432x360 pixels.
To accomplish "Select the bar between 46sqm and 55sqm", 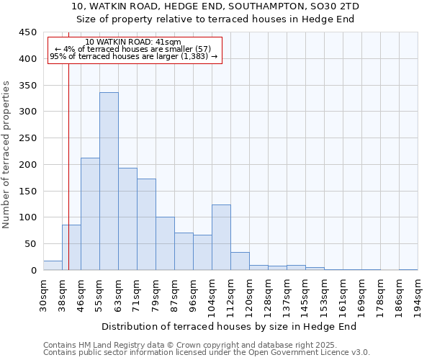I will (x=90, y=214).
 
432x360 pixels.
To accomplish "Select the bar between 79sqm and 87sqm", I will (x=165, y=243).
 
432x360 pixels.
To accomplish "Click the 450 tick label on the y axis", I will (x=28, y=32).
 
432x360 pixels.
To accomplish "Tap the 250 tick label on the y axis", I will (x=28, y=138).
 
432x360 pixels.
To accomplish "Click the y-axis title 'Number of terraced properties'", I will (x=6, y=155).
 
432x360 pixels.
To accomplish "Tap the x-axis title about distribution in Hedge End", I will (x=229, y=326).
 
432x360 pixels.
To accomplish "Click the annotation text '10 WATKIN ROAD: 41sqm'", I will (x=133, y=42).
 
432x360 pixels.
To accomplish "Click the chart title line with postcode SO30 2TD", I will (x=215, y=6).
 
